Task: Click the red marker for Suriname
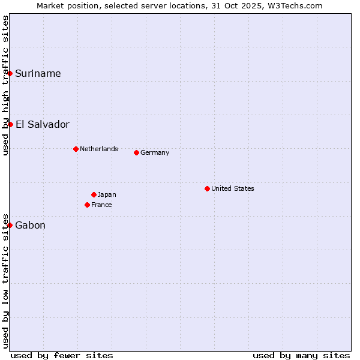[x=10, y=73]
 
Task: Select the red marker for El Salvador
[x=10, y=124]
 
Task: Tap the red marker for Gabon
[x=10, y=225]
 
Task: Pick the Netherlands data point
[x=76, y=149]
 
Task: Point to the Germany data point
[x=136, y=152]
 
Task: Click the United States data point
[x=207, y=188]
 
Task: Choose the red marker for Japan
[x=94, y=194]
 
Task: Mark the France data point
[x=87, y=205]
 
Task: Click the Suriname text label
[x=38, y=73]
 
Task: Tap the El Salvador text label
[x=42, y=124]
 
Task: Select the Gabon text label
[x=30, y=225]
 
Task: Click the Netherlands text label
[x=99, y=149]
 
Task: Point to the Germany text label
[x=155, y=152]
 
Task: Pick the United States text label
[x=233, y=188]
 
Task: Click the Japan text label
[x=107, y=194]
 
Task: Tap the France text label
[x=101, y=205]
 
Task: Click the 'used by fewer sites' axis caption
[x=62, y=355]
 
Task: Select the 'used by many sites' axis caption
[x=301, y=355]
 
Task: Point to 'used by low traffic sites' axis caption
[x=5, y=280]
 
